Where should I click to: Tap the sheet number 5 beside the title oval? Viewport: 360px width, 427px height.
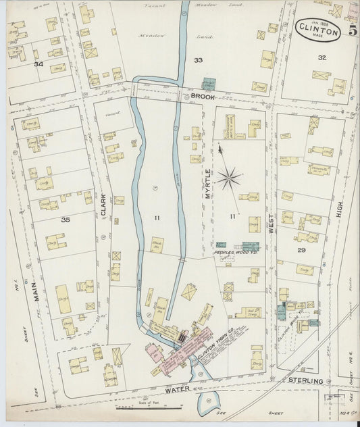[353, 30]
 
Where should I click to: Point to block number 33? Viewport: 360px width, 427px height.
[198, 60]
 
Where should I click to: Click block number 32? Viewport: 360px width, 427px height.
[322, 57]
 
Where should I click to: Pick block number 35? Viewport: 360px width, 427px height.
[66, 220]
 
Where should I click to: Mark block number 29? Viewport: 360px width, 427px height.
[302, 249]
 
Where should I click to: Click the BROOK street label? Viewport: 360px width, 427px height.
[201, 97]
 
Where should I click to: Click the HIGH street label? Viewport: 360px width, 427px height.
[339, 214]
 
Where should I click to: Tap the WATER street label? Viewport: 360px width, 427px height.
[172, 390]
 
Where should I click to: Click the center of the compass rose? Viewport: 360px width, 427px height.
[230, 179]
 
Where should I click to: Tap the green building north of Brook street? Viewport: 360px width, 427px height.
[210, 84]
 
